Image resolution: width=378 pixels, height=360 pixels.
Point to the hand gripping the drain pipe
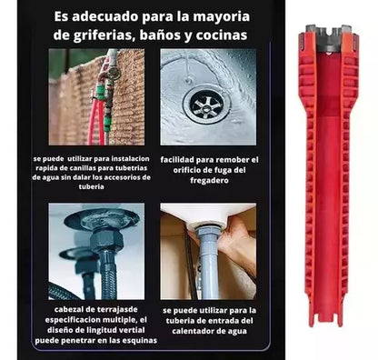[x=236, y=243]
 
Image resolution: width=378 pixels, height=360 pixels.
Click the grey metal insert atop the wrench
[x=328, y=39]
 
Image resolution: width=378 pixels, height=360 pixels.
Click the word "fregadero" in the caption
[x=209, y=180]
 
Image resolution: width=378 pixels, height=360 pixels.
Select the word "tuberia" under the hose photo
[x=91, y=186]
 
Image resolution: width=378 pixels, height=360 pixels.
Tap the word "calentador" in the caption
[x=193, y=331]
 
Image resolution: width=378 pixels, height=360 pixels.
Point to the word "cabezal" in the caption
[x=68, y=310]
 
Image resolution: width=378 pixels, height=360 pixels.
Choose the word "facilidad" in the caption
[x=176, y=160]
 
